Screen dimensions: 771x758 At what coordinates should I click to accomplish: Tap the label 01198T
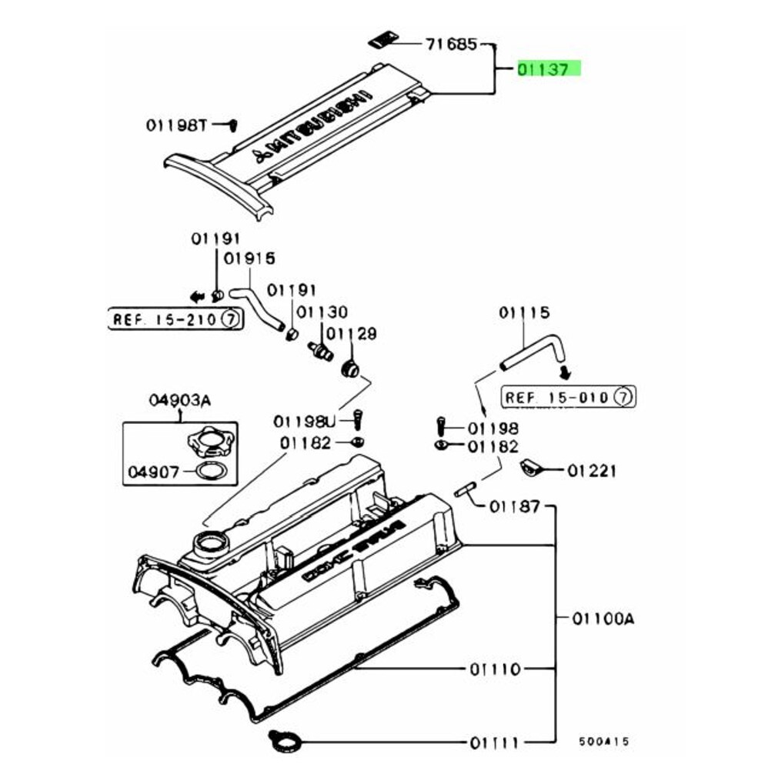click(176, 124)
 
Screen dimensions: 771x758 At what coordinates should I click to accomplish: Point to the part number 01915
click(249, 259)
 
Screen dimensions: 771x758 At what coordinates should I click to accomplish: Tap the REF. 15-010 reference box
click(568, 397)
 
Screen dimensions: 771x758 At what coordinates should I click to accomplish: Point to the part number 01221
click(593, 470)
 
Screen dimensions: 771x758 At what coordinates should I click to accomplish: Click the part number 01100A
click(603, 618)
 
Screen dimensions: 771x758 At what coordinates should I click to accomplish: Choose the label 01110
click(494, 669)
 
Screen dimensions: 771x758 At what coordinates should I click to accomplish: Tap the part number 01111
click(494, 743)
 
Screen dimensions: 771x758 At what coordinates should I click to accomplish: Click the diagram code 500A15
click(604, 742)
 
